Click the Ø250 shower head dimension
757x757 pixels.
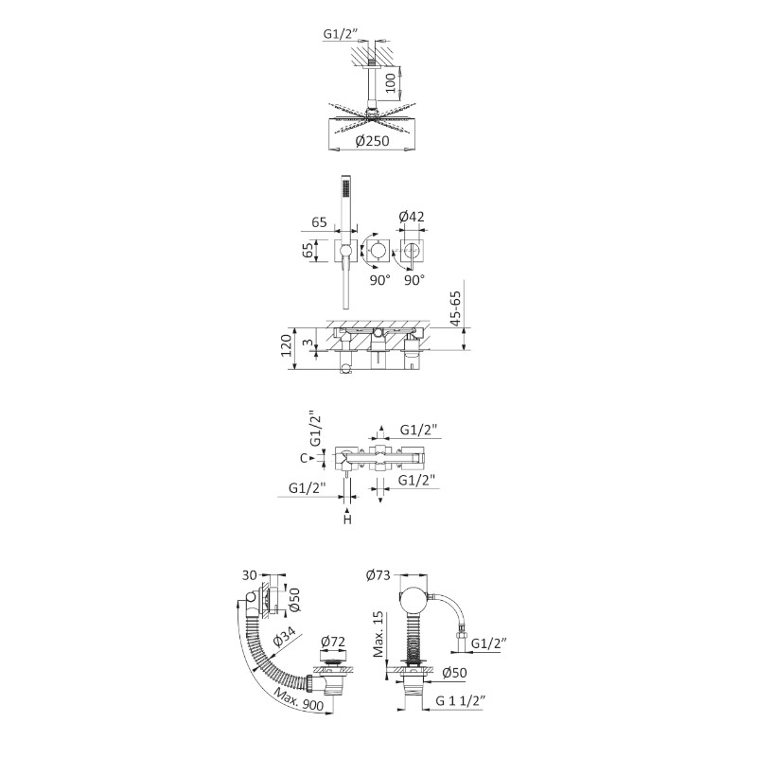click(x=372, y=141)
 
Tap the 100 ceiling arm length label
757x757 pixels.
click(x=391, y=82)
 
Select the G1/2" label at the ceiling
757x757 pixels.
click(x=342, y=34)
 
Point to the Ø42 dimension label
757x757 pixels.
click(x=412, y=217)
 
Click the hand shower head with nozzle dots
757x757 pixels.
click(x=345, y=187)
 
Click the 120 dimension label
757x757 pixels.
click(x=286, y=345)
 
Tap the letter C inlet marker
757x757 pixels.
click(x=304, y=458)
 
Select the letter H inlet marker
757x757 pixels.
click(x=347, y=519)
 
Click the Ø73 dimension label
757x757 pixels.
click(x=378, y=575)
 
